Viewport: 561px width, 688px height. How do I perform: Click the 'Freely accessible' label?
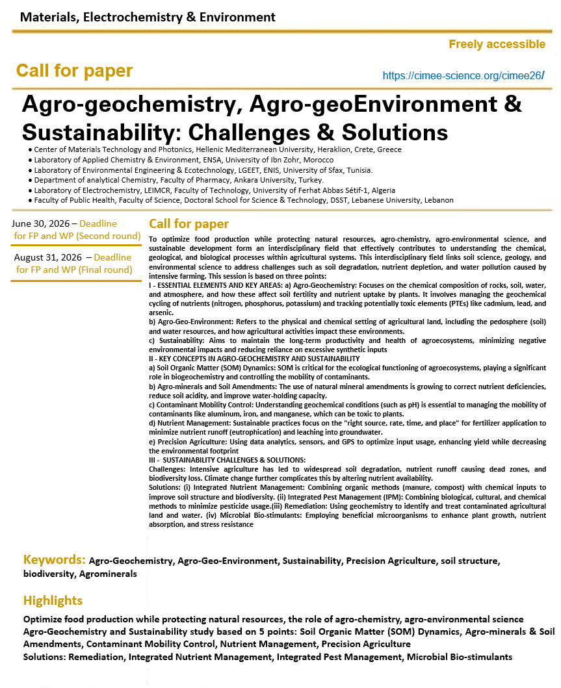tap(497, 44)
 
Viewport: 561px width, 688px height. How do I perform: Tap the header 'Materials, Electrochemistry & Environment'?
tap(148, 18)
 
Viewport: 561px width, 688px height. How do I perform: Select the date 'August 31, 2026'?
tap(47, 257)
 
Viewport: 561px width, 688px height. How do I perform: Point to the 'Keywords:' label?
tap(54, 559)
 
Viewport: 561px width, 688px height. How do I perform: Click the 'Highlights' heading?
tap(53, 600)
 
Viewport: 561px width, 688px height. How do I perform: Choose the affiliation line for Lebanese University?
tap(244, 200)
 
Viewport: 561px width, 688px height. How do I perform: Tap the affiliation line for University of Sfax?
tap(203, 170)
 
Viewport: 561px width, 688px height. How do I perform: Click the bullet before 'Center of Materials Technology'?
tap(31, 150)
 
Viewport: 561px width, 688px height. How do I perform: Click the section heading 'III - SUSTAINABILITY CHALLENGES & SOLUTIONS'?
tap(227, 460)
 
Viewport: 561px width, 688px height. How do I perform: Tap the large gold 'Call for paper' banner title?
tap(74, 71)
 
